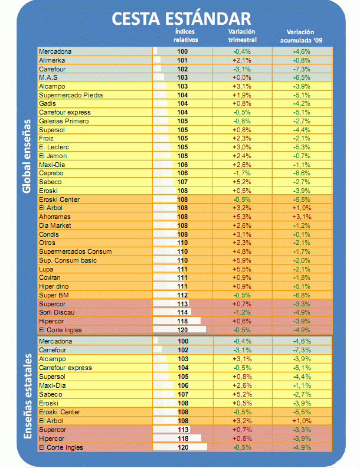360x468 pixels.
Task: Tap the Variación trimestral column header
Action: point(242,35)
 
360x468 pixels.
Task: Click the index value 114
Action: point(182,312)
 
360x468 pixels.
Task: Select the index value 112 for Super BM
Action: point(182,294)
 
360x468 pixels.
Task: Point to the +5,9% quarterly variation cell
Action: point(243,260)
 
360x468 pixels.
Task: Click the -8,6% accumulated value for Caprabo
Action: point(302,174)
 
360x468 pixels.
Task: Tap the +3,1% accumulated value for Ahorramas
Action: point(302,217)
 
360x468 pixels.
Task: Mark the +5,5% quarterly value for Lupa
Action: point(243,269)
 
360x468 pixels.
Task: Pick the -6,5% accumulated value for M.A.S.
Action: point(302,77)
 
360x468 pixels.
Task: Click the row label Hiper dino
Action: point(55,286)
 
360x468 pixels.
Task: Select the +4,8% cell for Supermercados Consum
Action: point(243,251)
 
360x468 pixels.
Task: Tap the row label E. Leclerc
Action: point(54,147)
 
